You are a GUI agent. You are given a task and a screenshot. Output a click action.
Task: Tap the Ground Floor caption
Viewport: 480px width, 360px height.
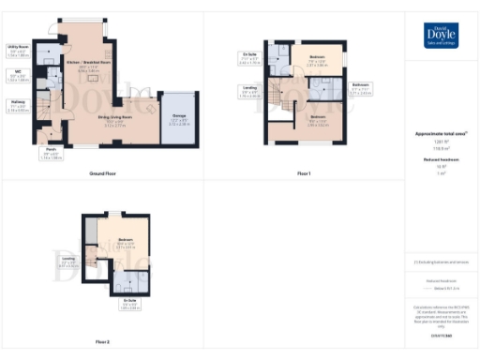pos(102,174)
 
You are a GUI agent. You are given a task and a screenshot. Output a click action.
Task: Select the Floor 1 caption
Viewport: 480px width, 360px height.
pos(303,174)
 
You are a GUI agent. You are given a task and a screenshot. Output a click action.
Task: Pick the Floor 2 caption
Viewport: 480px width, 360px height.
pos(102,342)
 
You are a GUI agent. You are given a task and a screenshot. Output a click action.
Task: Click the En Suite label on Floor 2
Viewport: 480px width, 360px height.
pos(129,301)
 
